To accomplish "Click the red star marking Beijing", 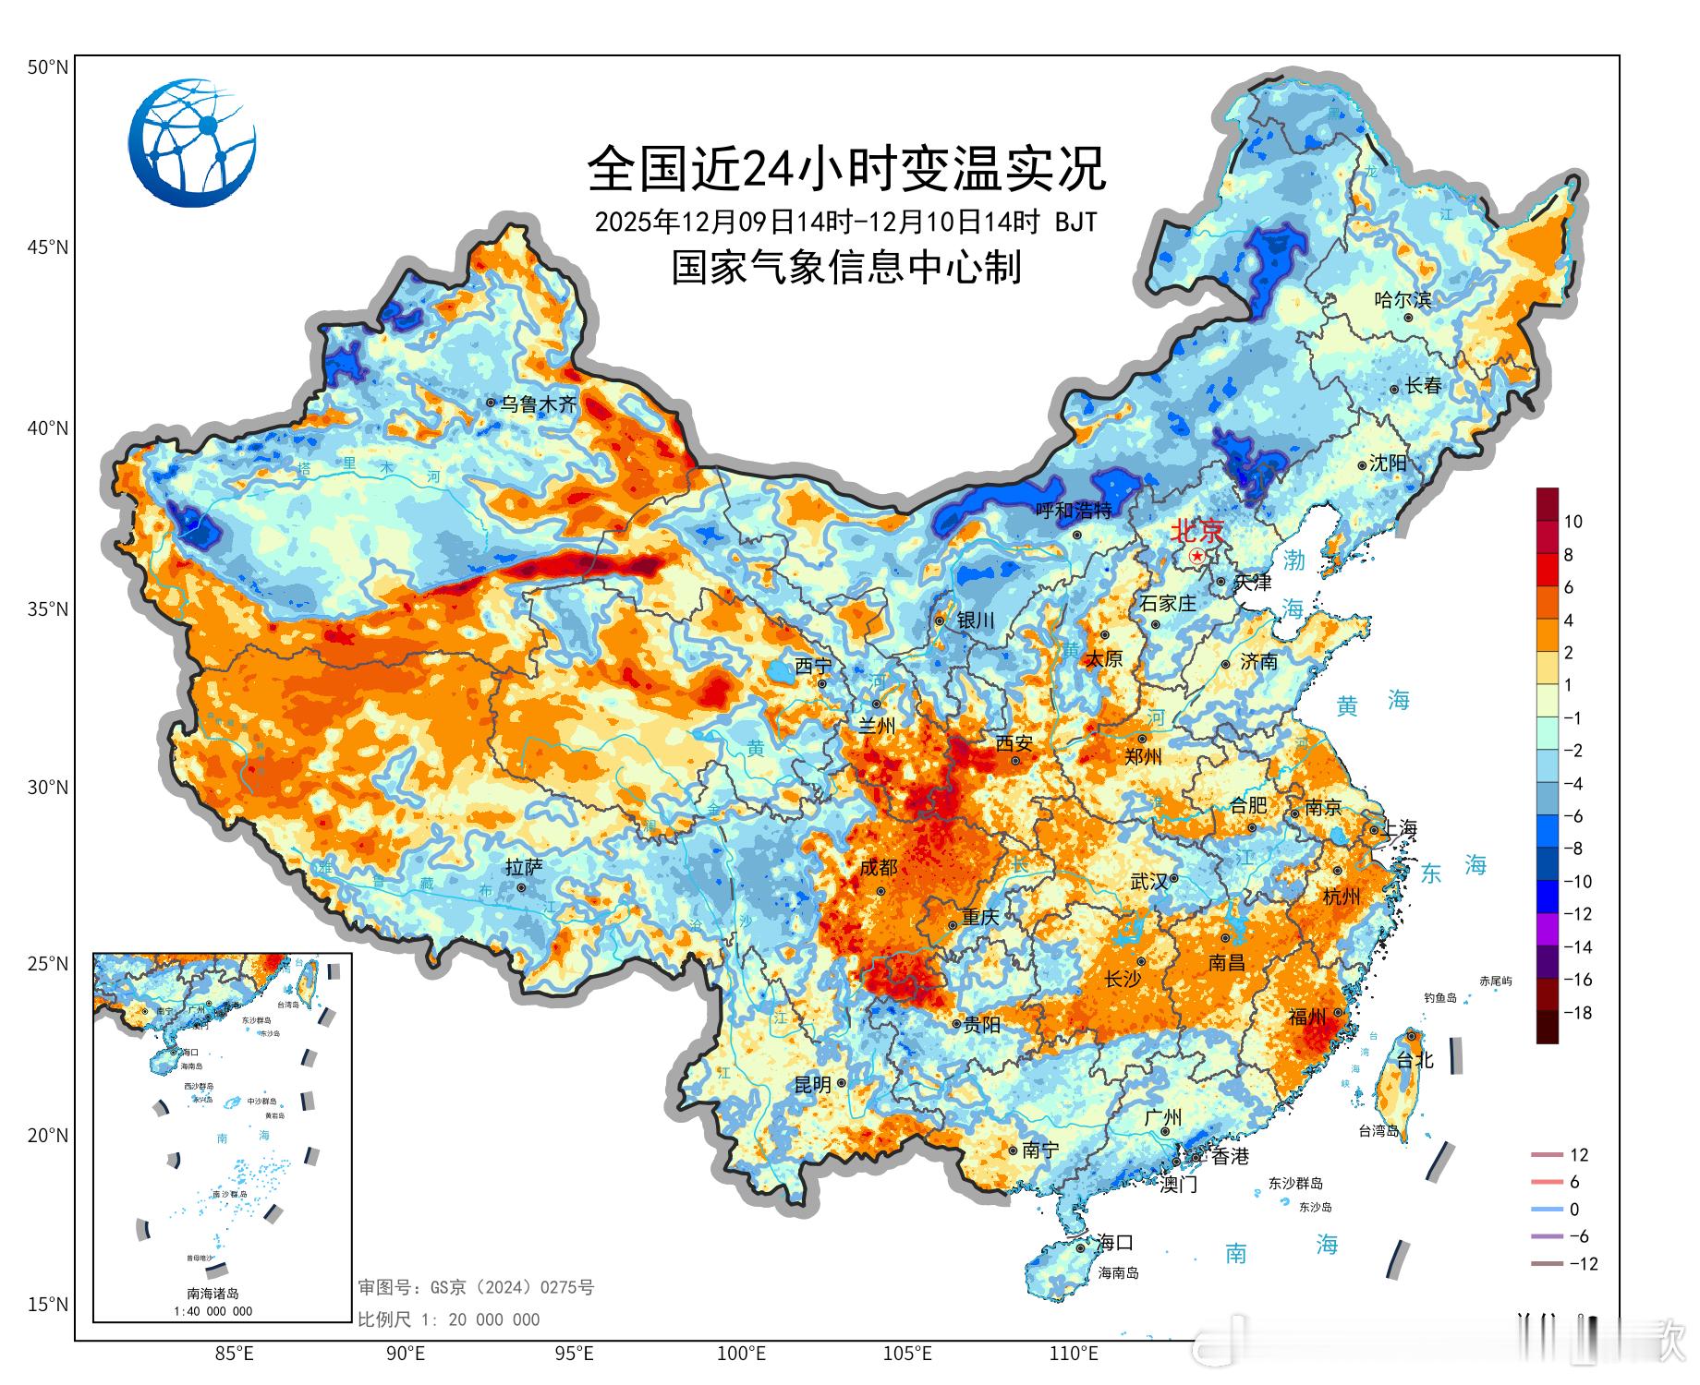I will coord(1197,556).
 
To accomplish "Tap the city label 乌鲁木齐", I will coord(538,404).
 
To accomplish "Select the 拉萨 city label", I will coord(524,867).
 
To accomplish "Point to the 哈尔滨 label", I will coord(1402,300).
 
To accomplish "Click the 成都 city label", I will coord(878,867).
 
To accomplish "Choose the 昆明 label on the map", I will coord(813,1085).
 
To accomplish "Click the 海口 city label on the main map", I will coord(1114,1243).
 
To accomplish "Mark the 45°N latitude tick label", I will coord(47,247).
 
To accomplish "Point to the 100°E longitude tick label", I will coord(742,1355).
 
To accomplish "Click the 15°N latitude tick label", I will coord(47,1305).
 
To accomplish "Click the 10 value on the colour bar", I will coord(1572,522).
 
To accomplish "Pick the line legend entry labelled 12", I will coord(1560,1155).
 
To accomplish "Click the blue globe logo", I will coord(192,143).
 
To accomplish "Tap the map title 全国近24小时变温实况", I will coord(846,168).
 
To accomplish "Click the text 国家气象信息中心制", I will coord(846,268).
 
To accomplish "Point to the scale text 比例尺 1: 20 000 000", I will coord(449,1319).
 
